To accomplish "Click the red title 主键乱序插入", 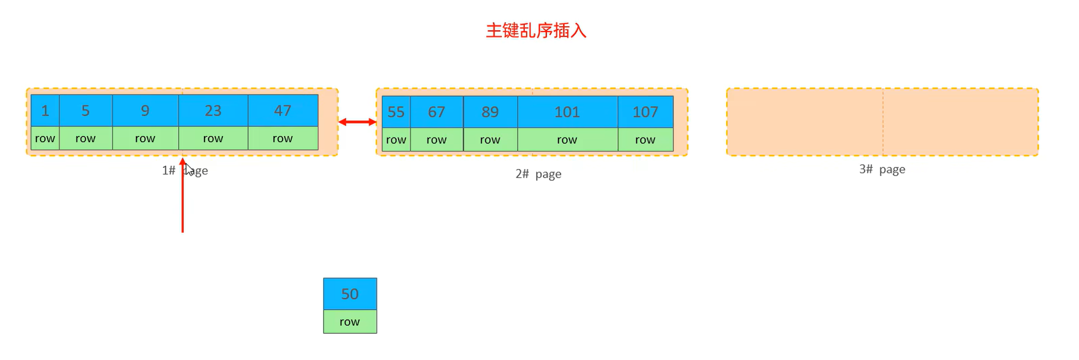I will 536,31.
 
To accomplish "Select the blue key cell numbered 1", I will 45,110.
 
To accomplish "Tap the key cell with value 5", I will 86,110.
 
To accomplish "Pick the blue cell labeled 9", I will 145,110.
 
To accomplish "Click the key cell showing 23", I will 213,110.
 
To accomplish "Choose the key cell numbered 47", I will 283,110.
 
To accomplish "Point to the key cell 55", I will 396,112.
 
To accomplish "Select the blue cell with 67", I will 437,112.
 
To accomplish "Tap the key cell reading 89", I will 490,112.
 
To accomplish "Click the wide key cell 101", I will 567,112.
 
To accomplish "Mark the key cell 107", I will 645,112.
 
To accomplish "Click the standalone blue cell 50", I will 350,294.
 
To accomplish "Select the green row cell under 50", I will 350,322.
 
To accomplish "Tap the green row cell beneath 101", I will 567,140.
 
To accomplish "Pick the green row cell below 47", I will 283,139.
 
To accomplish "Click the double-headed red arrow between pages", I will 357,122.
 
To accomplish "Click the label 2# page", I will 538,174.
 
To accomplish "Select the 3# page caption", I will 882,169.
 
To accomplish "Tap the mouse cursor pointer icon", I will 190,170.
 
